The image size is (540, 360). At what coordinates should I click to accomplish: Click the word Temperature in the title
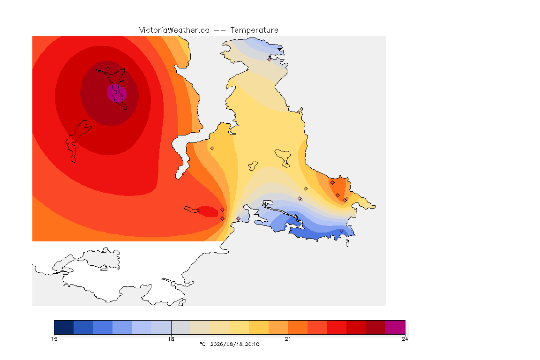click(254, 30)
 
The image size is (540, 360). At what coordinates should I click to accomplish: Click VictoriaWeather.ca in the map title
click(174, 30)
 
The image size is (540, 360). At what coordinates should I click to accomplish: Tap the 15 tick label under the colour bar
click(54, 339)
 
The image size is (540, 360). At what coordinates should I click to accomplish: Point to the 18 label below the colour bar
click(171, 339)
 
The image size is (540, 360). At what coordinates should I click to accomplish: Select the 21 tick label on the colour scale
click(288, 339)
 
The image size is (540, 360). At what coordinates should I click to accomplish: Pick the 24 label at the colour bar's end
click(405, 339)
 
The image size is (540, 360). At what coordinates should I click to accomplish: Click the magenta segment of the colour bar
click(395, 327)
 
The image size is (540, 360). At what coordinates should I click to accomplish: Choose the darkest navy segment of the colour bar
click(64, 327)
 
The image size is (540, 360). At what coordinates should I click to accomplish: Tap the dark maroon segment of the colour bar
click(376, 327)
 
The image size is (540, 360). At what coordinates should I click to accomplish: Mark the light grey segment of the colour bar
click(181, 327)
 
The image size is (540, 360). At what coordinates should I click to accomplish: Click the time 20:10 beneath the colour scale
click(252, 344)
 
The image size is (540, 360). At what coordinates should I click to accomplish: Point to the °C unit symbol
click(202, 344)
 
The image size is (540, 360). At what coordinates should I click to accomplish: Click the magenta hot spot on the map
click(117, 93)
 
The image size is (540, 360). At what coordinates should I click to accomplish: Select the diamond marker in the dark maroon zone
click(108, 69)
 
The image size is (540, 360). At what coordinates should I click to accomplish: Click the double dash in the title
click(220, 30)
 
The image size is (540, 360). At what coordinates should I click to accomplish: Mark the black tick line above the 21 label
click(288, 327)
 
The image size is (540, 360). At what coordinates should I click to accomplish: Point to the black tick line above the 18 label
click(171, 327)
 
